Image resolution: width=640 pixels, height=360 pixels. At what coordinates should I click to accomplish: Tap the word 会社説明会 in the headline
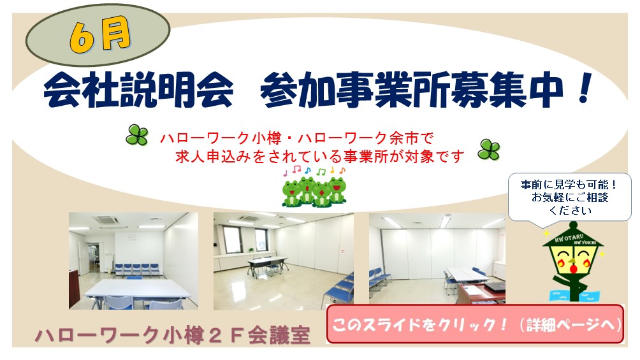137,93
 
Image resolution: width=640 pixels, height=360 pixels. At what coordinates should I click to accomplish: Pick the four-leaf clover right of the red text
490,150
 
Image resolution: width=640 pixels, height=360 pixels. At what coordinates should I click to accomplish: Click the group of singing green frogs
314,191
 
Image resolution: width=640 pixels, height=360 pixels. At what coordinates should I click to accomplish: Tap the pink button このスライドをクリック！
474,324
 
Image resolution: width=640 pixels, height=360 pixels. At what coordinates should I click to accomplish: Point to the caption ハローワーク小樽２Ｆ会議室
173,336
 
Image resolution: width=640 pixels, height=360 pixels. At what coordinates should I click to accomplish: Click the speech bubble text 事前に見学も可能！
569,184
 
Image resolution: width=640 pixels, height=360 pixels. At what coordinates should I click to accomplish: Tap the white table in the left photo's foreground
136,291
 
